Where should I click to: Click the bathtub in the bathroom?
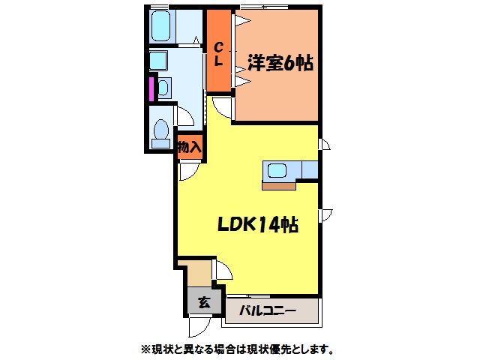(160, 26)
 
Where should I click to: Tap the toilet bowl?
(161, 130)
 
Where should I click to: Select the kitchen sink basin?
(277, 170)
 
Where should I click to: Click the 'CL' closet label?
(218, 54)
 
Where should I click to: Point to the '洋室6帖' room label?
(280, 63)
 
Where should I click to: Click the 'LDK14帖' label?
(258, 225)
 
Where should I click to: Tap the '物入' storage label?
(190, 148)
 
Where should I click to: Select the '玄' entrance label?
(204, 303)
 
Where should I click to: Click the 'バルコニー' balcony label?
(268, 311)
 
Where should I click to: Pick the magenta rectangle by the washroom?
(151, 89)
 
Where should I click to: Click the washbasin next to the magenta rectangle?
(163, 88)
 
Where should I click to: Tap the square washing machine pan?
(158, 60)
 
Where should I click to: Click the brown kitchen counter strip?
(279, 186)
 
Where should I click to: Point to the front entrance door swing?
(199, 327)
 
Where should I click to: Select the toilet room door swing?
(184, 115)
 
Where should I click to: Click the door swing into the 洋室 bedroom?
(223, 106)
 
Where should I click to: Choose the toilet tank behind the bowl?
(161, 143)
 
